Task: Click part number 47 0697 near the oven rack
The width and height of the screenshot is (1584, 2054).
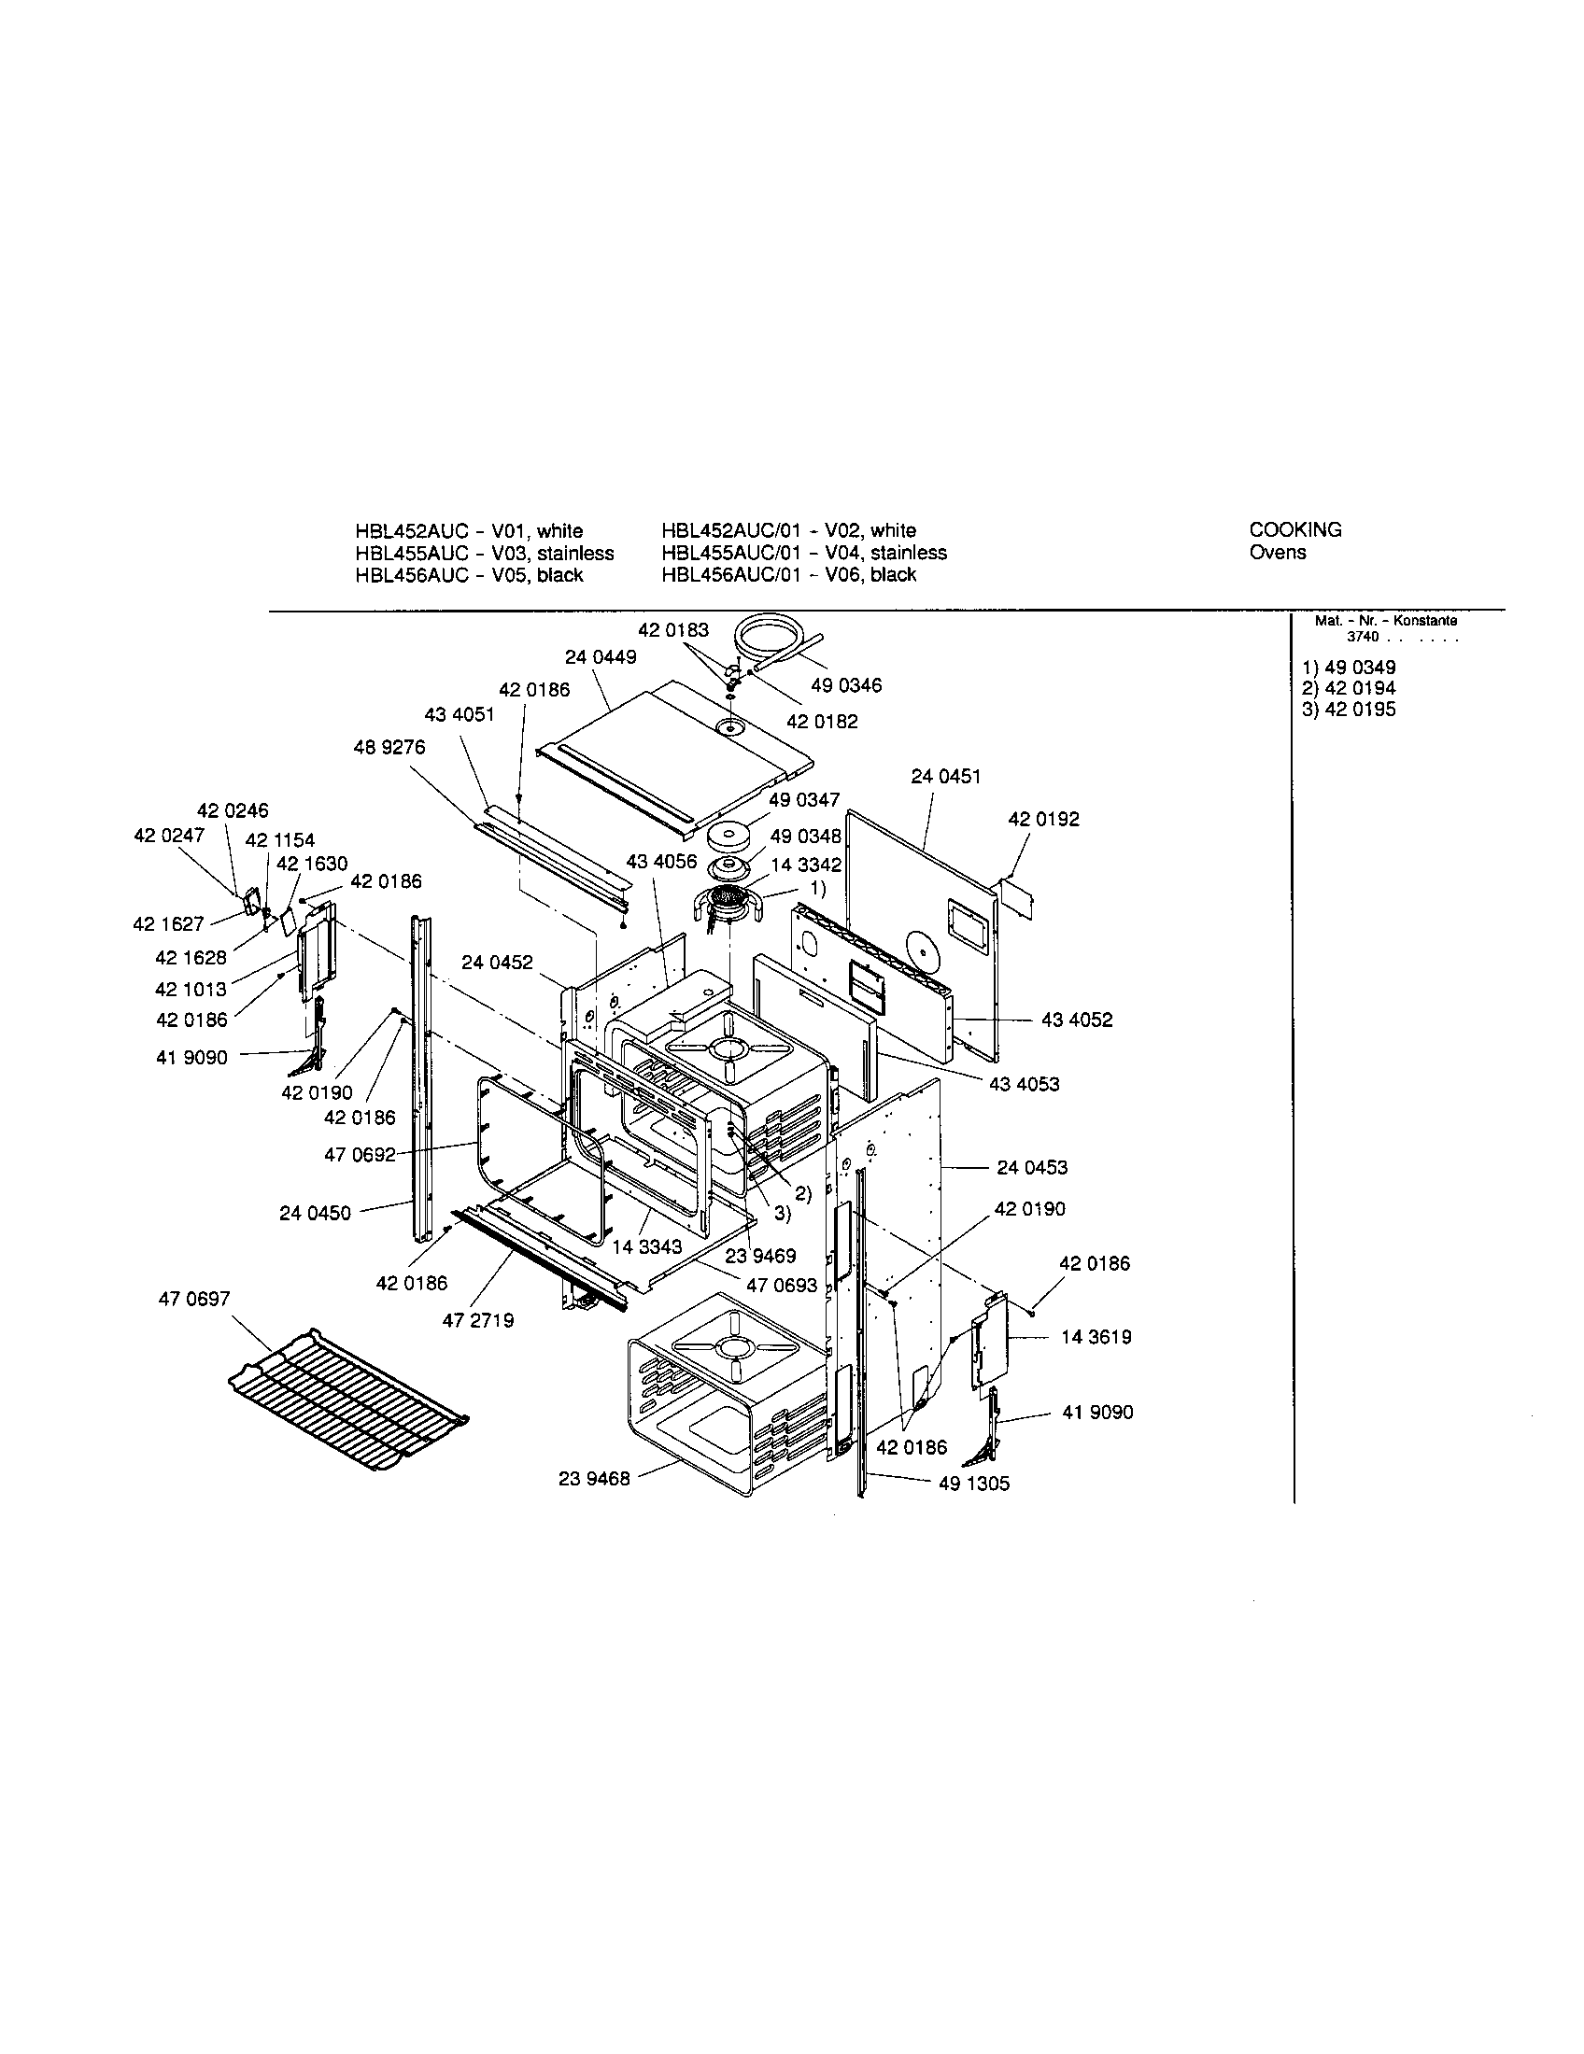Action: (194, 1299)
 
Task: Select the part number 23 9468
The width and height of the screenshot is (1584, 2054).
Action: (593, 1479)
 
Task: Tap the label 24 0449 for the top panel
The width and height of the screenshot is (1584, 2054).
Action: (601, 657)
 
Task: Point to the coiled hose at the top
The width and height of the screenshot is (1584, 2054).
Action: (767, 639)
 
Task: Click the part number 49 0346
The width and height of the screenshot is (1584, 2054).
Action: (845, 685)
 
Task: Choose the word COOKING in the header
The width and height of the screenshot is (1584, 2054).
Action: (1294, 529)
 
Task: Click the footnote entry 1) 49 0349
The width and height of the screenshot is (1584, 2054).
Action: (1348, 668)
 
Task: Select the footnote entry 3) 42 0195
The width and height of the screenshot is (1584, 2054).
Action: (1348, 710)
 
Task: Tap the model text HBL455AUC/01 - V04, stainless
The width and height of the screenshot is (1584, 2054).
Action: (803, 552)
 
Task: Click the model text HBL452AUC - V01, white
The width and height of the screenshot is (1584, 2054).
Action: (469, 530)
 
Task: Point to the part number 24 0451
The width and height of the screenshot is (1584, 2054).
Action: (945, 777)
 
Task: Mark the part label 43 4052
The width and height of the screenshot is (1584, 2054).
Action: (1076, 1020)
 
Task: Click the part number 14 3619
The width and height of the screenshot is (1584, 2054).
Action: (1096, 1337)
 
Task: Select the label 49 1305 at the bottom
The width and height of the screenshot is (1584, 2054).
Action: (973, 1485)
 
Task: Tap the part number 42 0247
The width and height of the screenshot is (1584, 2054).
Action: (168, 836)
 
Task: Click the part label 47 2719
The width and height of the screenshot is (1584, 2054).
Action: (478, 1320)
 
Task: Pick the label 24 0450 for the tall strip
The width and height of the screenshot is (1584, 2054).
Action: (314, 1213)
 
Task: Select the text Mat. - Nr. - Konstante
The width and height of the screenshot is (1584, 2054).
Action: (1385, 621)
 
